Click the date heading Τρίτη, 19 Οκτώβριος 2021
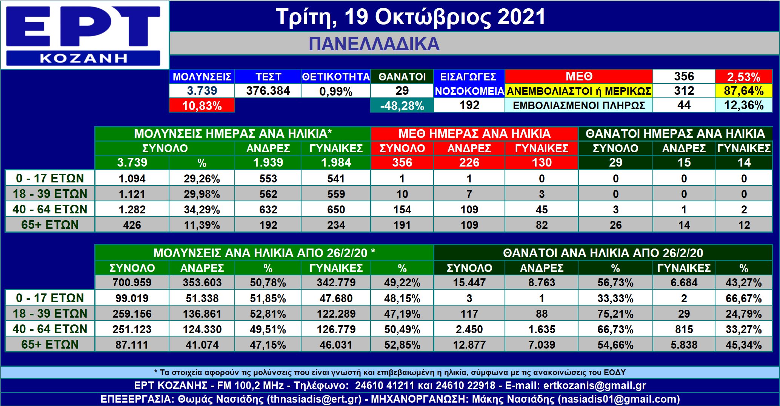click(411, 17)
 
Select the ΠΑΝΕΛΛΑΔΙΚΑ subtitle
click(374, 44)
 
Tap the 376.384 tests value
click(268, 91)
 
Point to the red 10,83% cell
click(202, 105)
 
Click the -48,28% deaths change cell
click(402, 105)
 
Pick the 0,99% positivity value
click(335, 91)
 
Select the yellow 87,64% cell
click(743, 91)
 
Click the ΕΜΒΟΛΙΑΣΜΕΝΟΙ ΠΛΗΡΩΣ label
click(579, 105)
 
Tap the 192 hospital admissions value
click(469, 105)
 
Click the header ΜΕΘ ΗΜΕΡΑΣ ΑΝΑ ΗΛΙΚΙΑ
click(474, 134)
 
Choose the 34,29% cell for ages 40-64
click(202, 209)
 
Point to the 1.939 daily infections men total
click(268, 162)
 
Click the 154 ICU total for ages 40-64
click(402, 209)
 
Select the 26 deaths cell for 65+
click(615, 225)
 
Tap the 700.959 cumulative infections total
click(132, 283)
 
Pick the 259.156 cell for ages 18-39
click(132, 313)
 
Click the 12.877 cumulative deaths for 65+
click(469, 344)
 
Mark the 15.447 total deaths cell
click(469, 283)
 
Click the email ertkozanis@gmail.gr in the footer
click(594, 386)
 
